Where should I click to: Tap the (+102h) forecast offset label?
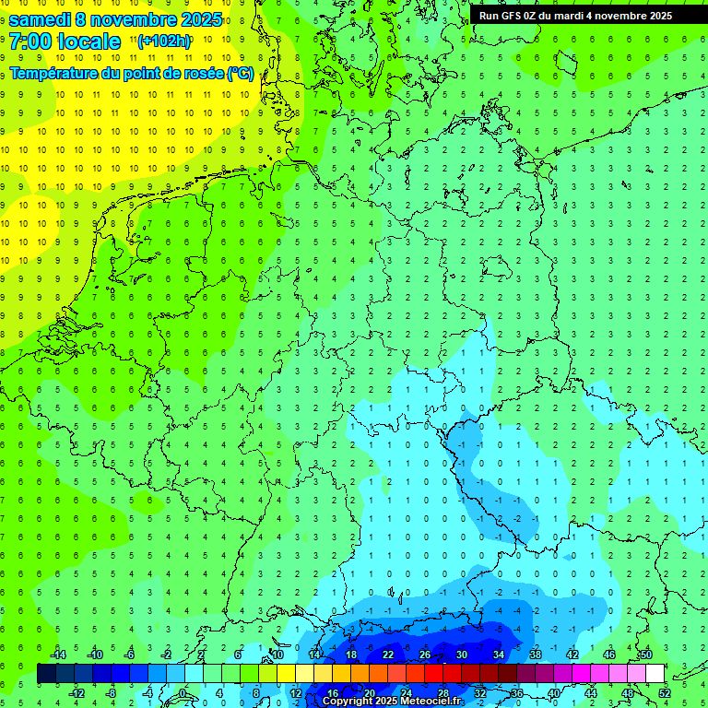[164, 41]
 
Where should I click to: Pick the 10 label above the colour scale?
[277, 654]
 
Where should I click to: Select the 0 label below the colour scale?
[184, 693]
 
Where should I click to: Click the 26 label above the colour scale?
[424, 654]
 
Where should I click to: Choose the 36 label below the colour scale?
[517, 693]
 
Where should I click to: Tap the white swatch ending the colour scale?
[655, 674]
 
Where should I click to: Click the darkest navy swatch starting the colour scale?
[46, 674]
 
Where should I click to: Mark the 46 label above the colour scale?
[608, 654]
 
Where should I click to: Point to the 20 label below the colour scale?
[369, 693]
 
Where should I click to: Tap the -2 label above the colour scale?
[166, 654]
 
